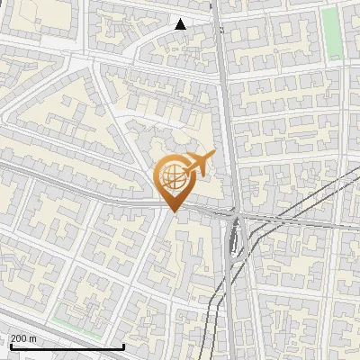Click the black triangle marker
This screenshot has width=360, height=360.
pos(180,24)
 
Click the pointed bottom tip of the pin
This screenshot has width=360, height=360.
pos(173,211)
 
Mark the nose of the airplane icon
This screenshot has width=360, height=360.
pos(212,156)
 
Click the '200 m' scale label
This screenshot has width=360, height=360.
pos(22,338)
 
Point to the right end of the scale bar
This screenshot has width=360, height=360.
pos(123,346)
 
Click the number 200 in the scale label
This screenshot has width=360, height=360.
pos(18,338)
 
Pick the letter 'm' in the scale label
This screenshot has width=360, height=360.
pos(33,338)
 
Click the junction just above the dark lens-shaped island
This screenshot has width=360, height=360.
pos(236,217)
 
